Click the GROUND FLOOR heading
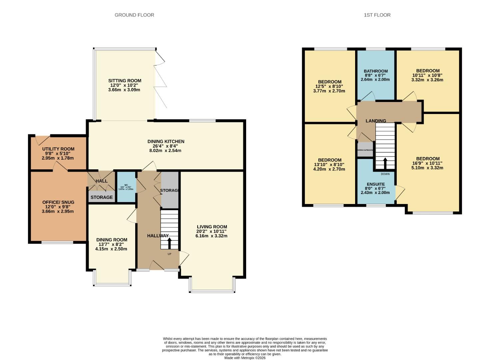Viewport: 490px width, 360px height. coord(134,15)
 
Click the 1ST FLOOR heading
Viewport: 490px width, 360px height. coord(377,15)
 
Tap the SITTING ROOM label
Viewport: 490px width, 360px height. coord(125,81)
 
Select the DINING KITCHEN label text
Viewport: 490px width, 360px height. coord(166,141)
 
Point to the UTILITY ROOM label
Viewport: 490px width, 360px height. coord(58,149)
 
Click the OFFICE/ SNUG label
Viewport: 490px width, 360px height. coord(58,202)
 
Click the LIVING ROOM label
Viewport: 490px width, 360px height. coord(212,227)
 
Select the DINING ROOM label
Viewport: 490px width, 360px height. coord(112,240)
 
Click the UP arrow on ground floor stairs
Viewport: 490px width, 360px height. coord(169,243)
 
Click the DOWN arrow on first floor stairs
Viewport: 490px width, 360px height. coord(385,163)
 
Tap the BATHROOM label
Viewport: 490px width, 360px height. coord(375,71)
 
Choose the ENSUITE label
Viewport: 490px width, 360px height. coord(375,184)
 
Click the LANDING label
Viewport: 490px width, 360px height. coord(376,121)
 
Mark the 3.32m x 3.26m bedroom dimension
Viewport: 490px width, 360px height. coord(427,80)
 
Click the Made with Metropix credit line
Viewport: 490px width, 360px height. coord(245,358)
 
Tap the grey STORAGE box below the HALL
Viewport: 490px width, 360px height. coord(102,197)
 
